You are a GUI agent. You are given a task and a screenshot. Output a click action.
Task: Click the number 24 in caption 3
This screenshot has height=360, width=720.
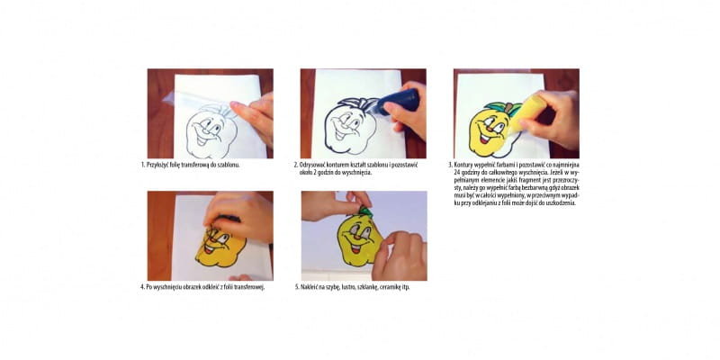[456, 172]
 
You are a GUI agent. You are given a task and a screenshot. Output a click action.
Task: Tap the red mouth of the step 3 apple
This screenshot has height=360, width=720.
[485, 137]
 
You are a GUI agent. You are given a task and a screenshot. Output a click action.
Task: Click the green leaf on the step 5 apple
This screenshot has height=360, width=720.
[366, 211]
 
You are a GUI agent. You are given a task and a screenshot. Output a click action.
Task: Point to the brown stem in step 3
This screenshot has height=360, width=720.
[508, 109]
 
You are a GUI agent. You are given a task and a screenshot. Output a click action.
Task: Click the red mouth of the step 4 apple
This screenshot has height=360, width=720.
[210, 249]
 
